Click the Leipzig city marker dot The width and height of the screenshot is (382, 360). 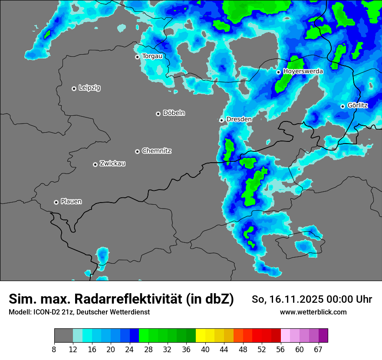(x=74, y=88)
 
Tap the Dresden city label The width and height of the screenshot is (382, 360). (x=239, y=119)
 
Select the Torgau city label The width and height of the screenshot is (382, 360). (x=152, y=56)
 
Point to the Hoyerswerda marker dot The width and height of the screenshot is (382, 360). (x=278, y=72)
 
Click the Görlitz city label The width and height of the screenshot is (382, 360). (x=358, y=105)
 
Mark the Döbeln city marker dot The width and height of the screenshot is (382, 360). (x=158, y=114)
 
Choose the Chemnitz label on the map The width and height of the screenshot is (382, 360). (x=156, y=151)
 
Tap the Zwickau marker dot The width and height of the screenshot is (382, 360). (x=95, y=164)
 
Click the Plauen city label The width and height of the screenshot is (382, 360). (x=71, y=202)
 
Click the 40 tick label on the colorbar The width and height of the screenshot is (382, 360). (x=205, y=350)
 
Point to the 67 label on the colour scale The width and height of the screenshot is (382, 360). (x=318, y=350)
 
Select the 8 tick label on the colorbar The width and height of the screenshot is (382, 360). (x=54, y=350)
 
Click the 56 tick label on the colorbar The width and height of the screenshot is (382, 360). (x=281, y=350)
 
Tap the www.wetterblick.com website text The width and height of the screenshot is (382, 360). (x=313, y=312)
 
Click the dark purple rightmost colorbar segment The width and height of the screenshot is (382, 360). (x=323, y=336)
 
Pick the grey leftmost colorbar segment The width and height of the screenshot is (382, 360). (x=63, y=336)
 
